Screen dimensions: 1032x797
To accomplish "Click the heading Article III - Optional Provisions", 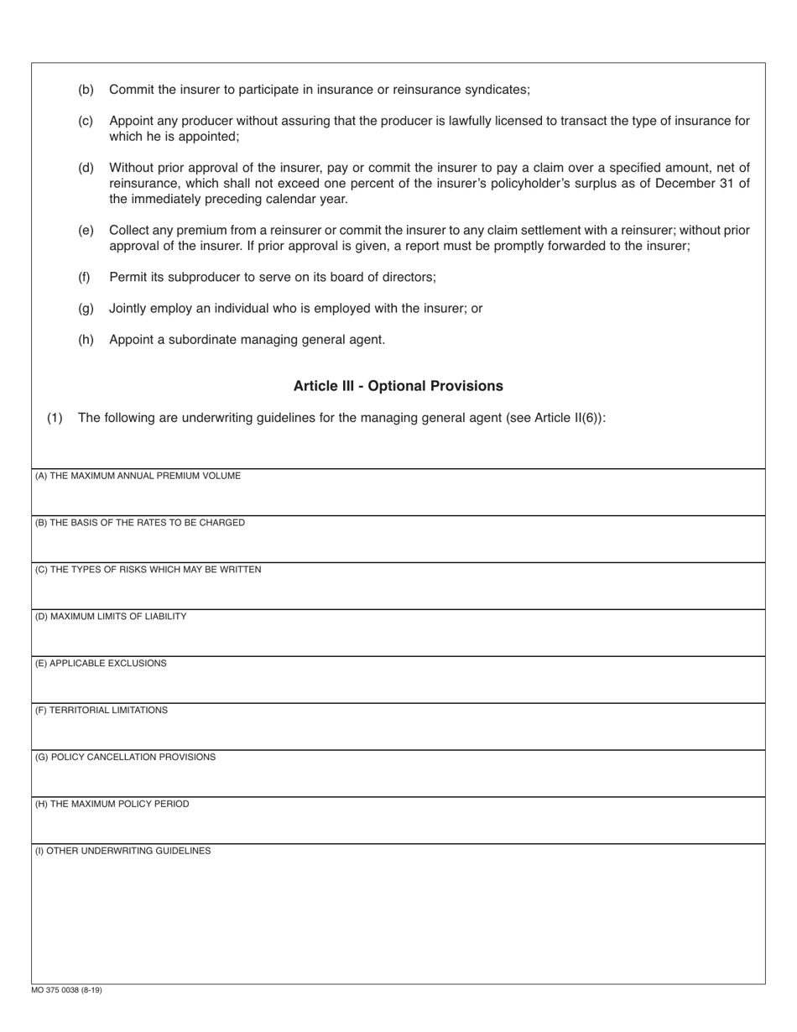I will point(398,386).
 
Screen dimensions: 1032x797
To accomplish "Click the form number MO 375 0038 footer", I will point(67,990).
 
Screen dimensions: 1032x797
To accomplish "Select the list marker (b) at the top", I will point(86,90).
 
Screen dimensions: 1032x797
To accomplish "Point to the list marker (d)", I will point(86,168).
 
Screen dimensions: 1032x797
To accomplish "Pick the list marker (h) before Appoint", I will point(86,340).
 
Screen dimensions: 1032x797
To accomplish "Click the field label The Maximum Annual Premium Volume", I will point(138,476).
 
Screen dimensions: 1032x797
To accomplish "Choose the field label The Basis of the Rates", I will point(139,523).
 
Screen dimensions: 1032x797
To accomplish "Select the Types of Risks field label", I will point(148,570).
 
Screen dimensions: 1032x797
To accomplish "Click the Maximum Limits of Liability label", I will point(111,617).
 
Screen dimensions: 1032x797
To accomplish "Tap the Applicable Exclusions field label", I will point(101,664).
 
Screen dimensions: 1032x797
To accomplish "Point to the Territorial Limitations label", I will point(101,711).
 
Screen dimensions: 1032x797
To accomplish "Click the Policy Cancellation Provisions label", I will point(125,758).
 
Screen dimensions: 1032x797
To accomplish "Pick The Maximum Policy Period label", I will point(112,805).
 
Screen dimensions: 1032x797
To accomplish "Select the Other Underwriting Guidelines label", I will point(122,851).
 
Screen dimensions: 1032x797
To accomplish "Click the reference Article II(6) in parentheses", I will point(567,418).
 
